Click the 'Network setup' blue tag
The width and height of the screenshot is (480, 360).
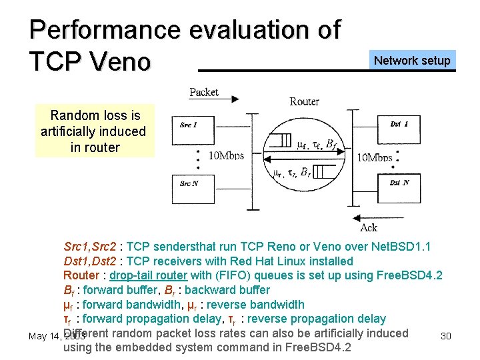412,61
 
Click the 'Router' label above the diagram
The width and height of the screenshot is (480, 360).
305,101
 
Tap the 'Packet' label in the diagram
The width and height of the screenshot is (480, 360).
203,92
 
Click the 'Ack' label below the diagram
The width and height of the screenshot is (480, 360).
368,228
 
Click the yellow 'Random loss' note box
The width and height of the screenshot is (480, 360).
94,131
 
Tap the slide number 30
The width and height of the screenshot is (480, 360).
446,336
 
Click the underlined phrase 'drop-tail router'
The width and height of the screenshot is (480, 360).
149,275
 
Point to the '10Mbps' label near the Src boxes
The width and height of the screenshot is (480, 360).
226,156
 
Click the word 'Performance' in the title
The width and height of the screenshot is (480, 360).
105,30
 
